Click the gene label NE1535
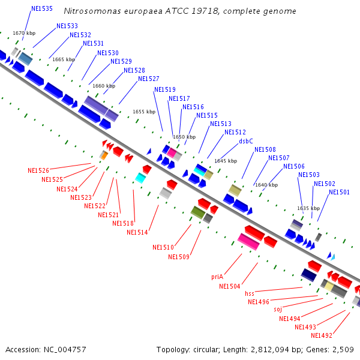41,9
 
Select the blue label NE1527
148,79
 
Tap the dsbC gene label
246,141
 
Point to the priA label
217,277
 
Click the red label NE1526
38,170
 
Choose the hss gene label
250,293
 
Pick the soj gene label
278,310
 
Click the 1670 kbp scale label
24,33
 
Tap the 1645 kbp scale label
226,161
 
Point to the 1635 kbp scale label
308,208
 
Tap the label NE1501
339,192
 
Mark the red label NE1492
321,335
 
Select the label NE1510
163,247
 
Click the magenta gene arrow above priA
248,242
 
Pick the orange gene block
103,155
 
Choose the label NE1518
122,223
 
